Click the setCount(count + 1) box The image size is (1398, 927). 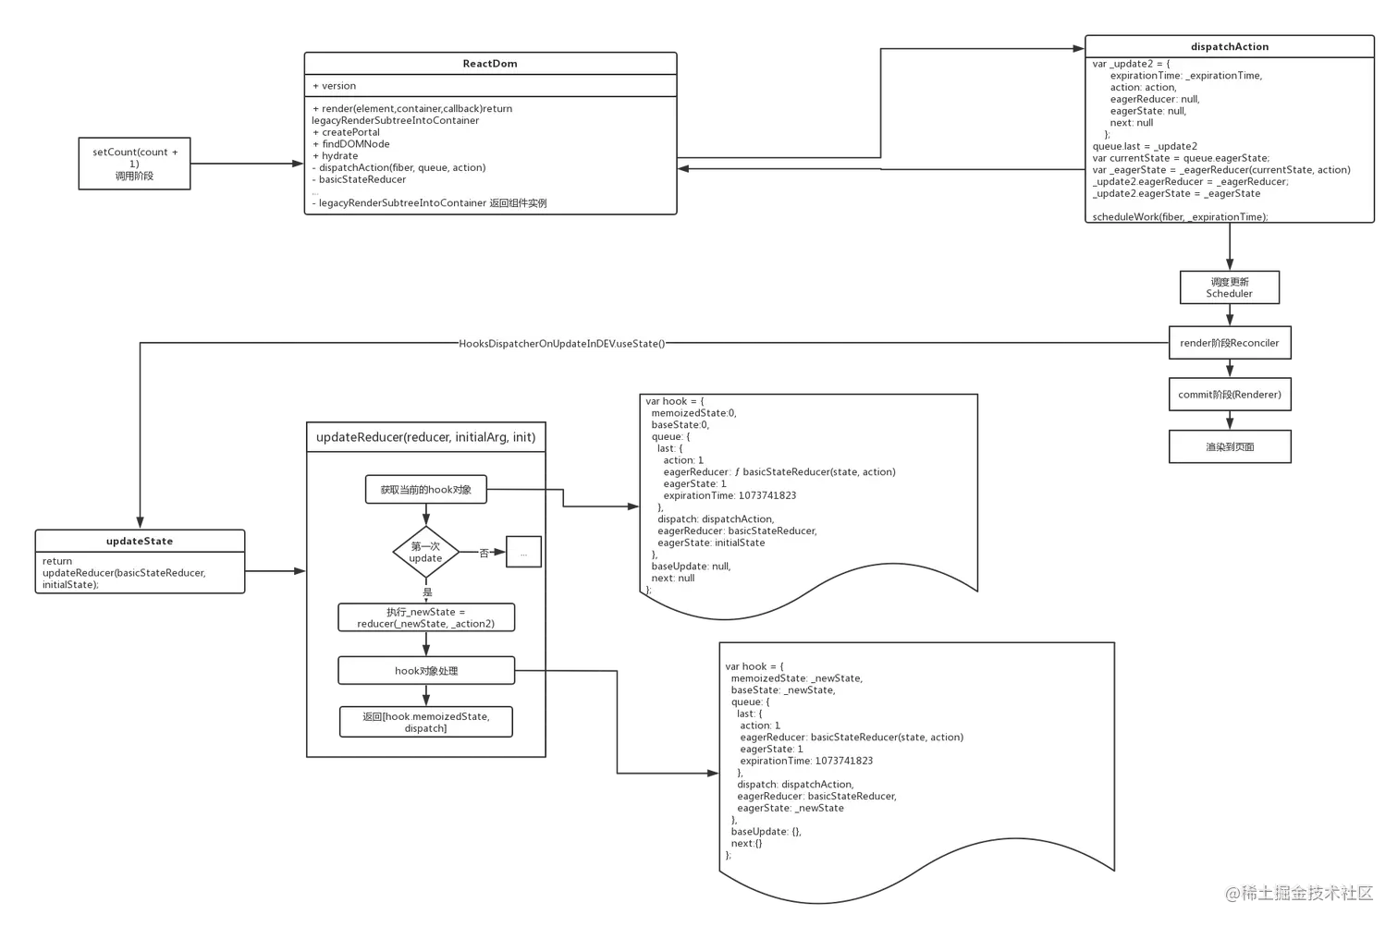coord(135,164)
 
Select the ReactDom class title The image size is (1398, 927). coord(490,64)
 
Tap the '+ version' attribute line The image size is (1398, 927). coord(335,86)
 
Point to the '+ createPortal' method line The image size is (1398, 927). coord(347,132)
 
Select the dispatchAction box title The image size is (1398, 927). coord(1229,46)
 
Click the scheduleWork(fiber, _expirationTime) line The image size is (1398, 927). coord(1180,217)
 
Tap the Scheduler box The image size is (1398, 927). coord(1229,287)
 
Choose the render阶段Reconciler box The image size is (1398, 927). coord(1229,343)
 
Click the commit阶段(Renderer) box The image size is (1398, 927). coord(1229,395)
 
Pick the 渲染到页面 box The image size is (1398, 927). coord(1229,447)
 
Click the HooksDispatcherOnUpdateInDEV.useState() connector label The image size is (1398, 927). coord(562,344)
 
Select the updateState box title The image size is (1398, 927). coord(140,542)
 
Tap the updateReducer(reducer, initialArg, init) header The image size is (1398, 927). coord(425,437)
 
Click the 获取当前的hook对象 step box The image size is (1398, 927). coord(425,490)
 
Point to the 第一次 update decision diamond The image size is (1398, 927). coord(425,553)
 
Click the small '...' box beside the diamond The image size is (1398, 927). coord(523,554)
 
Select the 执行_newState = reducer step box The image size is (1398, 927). coord(425,617)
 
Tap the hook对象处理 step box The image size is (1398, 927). coord(425,671)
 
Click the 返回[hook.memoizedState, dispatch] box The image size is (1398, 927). coord(425,722)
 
